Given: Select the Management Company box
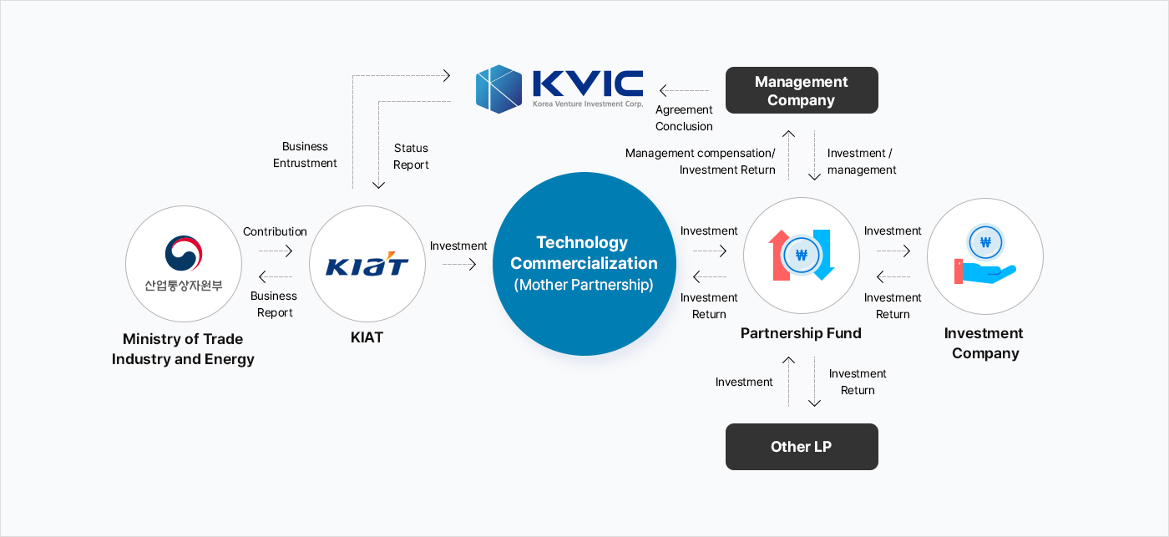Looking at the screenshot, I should click(x=802, y=90).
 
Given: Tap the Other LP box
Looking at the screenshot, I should click(x=802, y=447).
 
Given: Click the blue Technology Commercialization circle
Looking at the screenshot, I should click(x=584, y=264).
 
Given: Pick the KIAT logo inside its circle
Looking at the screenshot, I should click(x=367, y=265).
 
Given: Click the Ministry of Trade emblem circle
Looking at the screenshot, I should click(x=184, y=264).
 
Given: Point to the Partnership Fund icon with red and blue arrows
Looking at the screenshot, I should click(x=802, y=256).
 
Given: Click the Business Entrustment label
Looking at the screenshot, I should click(x=305, y=155).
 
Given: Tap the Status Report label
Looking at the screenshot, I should click(x=411, y=156).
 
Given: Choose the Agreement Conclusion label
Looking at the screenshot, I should click(x=684, y=118).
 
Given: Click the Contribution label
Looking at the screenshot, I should click(x=275, y=231).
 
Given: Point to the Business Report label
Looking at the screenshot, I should click(x=274, y=304).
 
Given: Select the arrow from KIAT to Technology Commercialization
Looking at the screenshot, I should click(x=459, y=265).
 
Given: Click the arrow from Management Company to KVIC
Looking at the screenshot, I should click(x=684, y=90).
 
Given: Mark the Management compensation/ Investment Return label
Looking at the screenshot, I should click(x=701, y=161).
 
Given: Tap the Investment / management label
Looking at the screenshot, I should click(x=861, y=161).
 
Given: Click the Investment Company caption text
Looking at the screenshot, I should click(x=985, y=342).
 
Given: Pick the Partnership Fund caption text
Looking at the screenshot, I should click(x=801, y=333).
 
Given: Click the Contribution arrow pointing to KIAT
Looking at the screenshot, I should click(x=276, y=251).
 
